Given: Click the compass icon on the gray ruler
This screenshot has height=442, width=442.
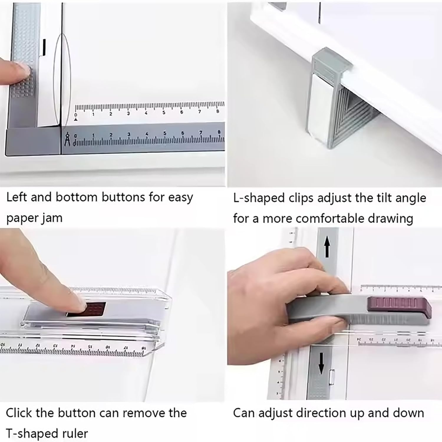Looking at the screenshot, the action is (x=67, y=139).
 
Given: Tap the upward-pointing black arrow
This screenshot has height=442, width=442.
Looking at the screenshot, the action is (x=326, y=247).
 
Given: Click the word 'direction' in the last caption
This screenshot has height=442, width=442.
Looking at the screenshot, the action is (x=318, y=413).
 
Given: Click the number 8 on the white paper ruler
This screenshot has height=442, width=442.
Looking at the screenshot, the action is (x=218, y=111).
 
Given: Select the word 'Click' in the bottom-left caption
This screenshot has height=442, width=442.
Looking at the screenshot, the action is (x=19, y=413).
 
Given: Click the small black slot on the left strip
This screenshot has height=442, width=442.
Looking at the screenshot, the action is (x=44, y=47).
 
